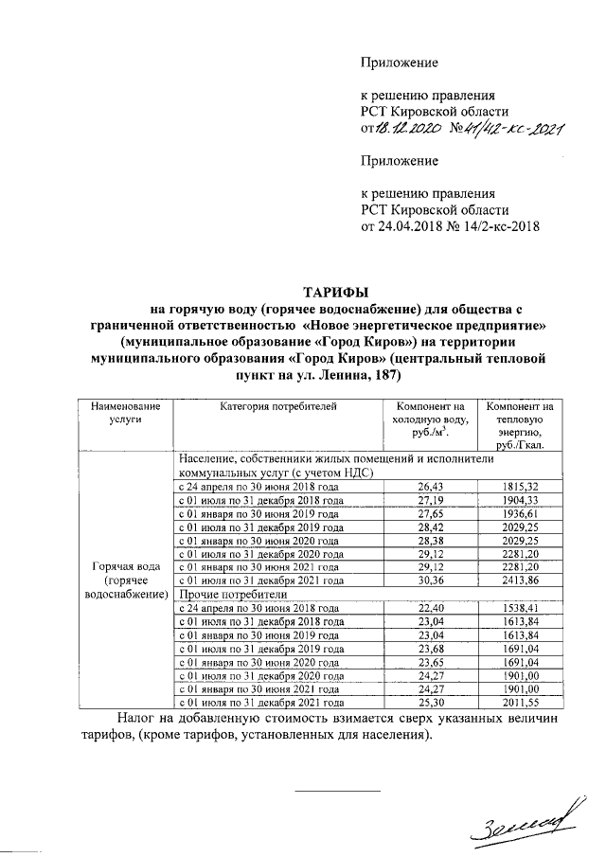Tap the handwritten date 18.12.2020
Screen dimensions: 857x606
(x=406, y=131)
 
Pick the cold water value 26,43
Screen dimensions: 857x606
(x=431, y=486)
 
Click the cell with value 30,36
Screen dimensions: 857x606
(x=431, y=580)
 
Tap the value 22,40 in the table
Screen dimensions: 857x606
(x=431, y=608)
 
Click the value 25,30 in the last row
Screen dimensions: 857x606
(x=431, y=704)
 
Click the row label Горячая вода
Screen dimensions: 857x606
(x=125, y=565)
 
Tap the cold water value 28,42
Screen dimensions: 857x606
(x=431, y=527)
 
